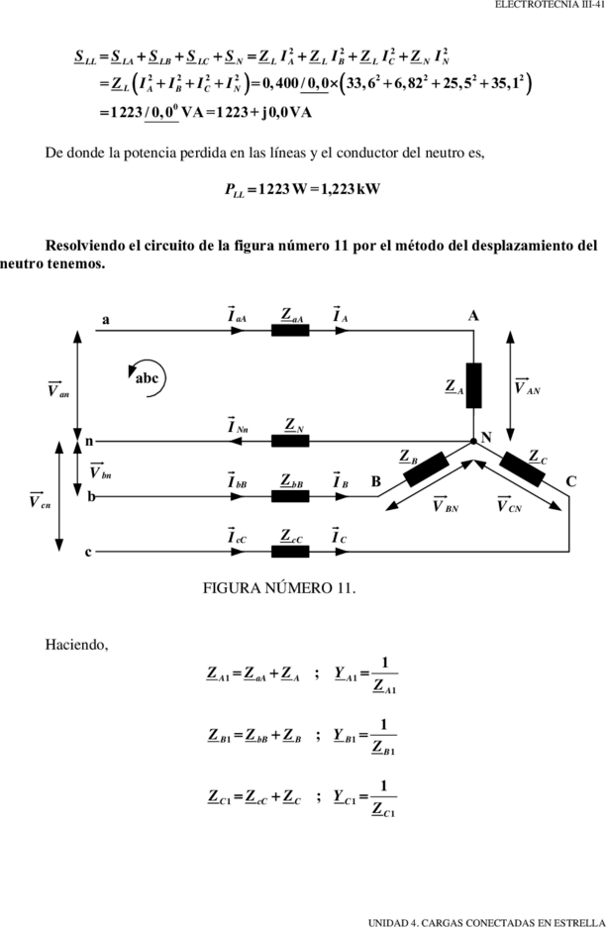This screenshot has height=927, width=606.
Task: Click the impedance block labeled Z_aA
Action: (x=290, y=330)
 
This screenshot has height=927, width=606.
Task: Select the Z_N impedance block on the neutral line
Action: (x=290, y=441)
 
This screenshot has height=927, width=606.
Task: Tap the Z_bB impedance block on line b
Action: (x=290, y=496)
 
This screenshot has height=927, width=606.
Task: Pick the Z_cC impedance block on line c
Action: (x=290, y=551)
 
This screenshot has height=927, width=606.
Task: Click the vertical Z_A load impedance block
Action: (x=473, y=385)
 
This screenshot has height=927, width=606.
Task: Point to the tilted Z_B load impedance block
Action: (x=426, y=468)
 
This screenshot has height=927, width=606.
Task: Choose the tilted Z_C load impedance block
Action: (x=522, y=468)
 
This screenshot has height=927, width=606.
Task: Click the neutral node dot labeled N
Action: (x=473, y=441)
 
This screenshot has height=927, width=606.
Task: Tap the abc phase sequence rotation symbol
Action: (x=148, y=378)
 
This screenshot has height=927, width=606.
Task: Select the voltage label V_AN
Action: (x=527, y=386)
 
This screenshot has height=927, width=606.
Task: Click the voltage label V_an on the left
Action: (x=58, y=389)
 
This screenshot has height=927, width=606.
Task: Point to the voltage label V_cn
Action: (x=41, y=501)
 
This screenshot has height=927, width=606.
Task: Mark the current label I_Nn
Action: (x=238, y=425)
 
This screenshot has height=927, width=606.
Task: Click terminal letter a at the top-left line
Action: (x=106, y=320)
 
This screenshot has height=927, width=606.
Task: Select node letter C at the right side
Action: (x=570, y=482)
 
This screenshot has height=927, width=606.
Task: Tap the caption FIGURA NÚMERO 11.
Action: (x=279, y=588)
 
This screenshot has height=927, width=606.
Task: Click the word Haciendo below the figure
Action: (x=77, y=645)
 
